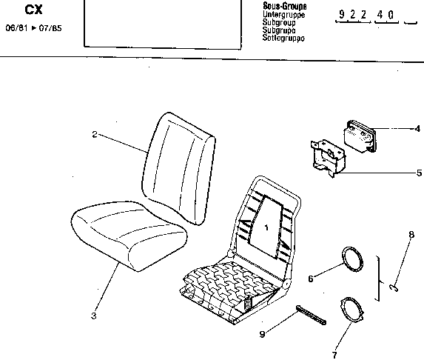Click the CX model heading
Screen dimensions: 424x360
pos(34,10)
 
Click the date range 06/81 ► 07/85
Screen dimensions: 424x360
pos(34,28)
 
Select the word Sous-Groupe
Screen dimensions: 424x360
pos(285,6)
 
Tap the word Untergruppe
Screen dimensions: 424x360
pos(284,14)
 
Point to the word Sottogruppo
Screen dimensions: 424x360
pos(283,38)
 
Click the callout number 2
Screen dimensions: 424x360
pos(95,134)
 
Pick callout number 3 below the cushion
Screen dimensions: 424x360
pos(93,316)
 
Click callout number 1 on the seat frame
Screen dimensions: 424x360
pos(266,227)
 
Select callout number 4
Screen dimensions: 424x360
pos(418,129)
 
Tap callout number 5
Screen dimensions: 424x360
pos(419,173)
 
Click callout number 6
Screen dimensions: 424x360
pos(311,279)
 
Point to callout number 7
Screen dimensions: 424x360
pos(334,355)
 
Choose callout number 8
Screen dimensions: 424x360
pos(411,234)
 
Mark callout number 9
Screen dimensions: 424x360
pos(262,334)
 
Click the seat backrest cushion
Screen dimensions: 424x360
pos(178,168)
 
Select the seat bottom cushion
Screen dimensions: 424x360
pos(129,236)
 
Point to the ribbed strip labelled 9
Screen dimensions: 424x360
pos(312,315)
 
